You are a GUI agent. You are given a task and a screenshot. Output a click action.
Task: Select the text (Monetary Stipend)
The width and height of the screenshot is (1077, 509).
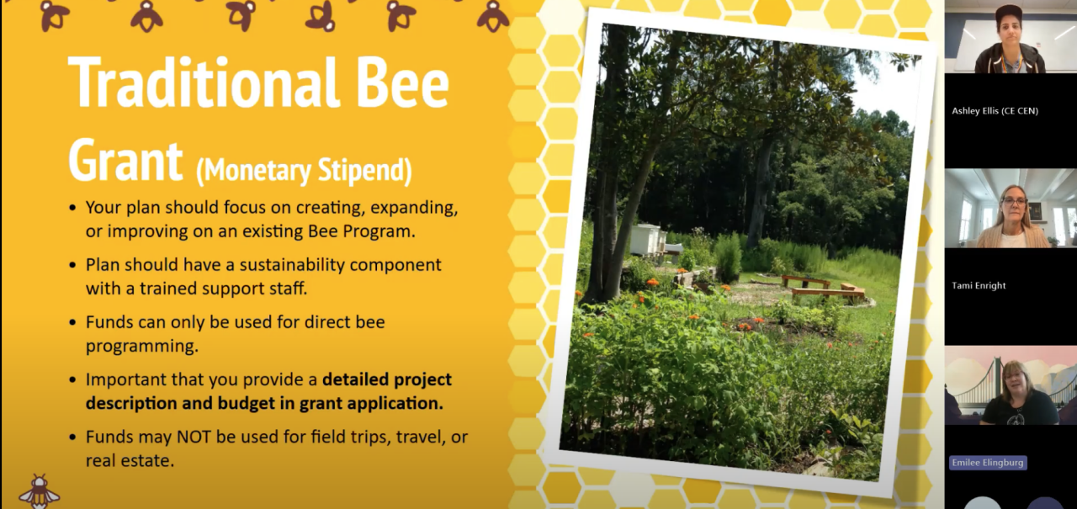point(304,170)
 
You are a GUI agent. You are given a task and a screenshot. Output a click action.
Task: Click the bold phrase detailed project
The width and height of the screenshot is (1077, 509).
point(387,379)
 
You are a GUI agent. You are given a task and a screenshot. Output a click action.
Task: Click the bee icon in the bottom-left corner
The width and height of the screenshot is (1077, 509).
point(40,491)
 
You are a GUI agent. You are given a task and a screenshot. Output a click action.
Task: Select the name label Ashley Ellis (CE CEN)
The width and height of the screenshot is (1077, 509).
point(995,110)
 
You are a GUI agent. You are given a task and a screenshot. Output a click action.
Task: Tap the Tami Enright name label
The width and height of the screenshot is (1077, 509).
point(979,285)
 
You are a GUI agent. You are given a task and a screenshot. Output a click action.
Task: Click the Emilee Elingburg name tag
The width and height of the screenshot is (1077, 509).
point(988,463)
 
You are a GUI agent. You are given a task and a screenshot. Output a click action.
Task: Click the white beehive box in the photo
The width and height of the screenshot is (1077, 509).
point(647,239)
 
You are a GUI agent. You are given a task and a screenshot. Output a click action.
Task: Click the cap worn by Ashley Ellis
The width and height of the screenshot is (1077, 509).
point(1008,14)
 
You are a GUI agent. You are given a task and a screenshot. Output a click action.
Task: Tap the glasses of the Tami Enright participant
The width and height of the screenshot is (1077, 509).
point(1013,202)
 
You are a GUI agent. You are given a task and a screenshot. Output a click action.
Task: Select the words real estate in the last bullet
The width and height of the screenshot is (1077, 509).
point(130,461)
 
